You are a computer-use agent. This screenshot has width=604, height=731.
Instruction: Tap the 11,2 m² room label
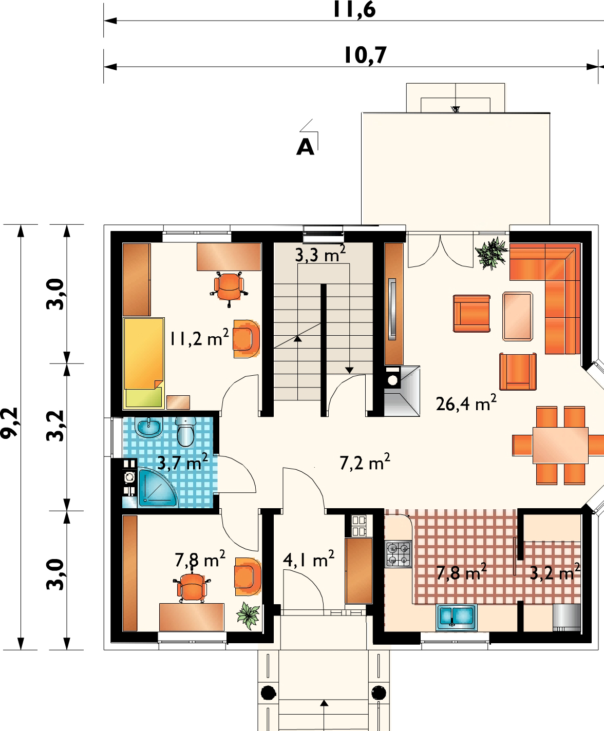[199, 338]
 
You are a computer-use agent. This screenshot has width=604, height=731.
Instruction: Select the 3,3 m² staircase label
[320, 254]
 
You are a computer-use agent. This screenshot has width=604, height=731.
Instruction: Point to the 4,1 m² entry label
[308, 559]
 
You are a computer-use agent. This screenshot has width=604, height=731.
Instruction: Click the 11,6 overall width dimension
[354, 9]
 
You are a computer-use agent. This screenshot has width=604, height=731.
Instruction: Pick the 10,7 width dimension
[365, 55]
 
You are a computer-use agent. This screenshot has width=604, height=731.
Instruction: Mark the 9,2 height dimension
[9, 423]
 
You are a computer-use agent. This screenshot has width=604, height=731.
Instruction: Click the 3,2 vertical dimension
[55, 426]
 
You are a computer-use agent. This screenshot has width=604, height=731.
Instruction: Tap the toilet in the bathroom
[185, 431]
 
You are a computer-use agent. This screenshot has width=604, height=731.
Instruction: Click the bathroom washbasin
[148, 427]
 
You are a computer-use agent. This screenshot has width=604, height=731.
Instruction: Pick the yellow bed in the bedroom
[144, 363]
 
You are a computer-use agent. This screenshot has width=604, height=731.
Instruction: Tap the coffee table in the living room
[518, 316]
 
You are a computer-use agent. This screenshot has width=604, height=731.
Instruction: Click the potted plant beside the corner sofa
[492, 253]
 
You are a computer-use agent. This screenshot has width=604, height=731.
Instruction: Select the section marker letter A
[305, 147]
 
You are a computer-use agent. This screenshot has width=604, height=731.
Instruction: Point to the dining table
[560, 445]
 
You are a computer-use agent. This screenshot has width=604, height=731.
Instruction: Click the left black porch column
[269, 692]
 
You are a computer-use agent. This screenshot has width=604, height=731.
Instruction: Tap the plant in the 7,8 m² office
[249, 615]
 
